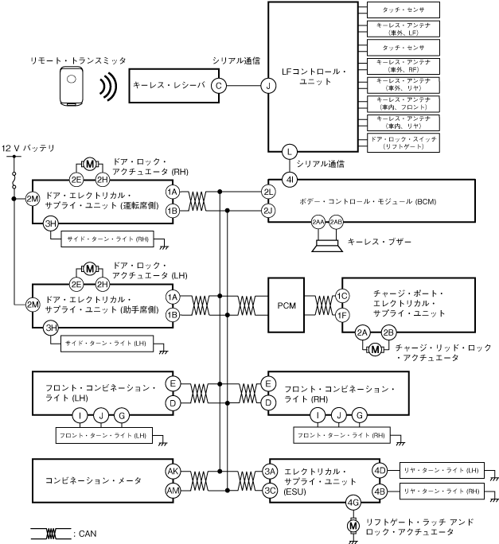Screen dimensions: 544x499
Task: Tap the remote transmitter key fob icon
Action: click(72, 85)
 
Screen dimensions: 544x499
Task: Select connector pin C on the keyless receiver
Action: click(219, 86)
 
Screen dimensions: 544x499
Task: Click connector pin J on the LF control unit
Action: click(269, 86)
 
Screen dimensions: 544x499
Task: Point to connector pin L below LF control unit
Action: click(290, 150)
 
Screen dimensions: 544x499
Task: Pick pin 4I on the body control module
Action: click(290, 181)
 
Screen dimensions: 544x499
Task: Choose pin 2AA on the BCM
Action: click(318, 222)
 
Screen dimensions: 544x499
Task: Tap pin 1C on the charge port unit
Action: click(342, 296)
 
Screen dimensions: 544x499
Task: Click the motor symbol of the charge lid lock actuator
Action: click(376, 348)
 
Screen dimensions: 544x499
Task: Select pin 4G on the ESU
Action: click(353, 503)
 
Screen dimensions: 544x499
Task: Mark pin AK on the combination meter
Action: click(173, 472)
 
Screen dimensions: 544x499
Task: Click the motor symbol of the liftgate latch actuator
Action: click(353, 524)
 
